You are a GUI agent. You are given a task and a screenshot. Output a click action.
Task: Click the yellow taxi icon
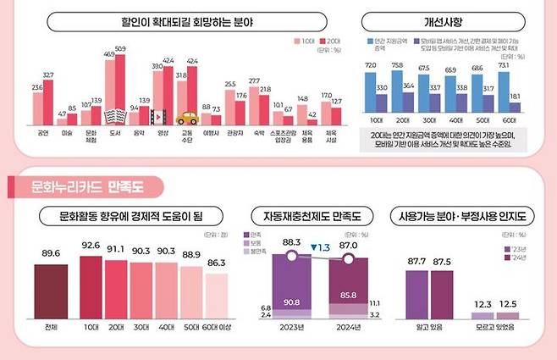pos(185,118)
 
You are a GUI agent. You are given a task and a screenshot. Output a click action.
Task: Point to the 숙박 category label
pos(254,134)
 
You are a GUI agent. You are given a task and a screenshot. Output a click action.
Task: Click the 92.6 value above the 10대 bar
pos(91,246)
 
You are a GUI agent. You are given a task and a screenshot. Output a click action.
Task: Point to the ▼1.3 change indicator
pos(320,247)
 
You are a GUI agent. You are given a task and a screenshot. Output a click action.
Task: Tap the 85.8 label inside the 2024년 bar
pos(347,294)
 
